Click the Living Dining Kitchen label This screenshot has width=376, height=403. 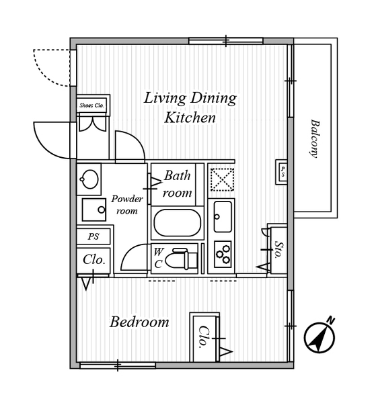(x=190, y=107)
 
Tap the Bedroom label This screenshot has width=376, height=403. (x=139, y=322)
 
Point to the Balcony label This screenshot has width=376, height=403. (x=314, y=138)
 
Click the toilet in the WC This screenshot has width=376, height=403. (x=181, y=259)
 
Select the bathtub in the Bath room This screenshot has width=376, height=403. (x=178, y=222)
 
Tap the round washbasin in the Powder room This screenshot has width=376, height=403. (x=89, y=179)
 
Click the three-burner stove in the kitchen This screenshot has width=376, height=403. (x=223, y=254)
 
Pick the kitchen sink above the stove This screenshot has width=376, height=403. (x=223, y=217)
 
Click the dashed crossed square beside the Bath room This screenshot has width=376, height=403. (x=222, y=179)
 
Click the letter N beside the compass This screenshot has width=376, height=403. (x=331, y=321)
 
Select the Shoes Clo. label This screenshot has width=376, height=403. (x=91, y=105)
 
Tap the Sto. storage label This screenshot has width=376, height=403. (x=278, y=249)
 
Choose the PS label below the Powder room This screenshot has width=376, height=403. (x=93, y=236)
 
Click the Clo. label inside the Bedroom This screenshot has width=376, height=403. (x=203, y=337)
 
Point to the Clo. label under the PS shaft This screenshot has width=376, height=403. (x=94, y=260)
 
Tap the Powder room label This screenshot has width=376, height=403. (x=127, y=205)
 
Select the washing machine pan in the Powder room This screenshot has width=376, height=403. (x=94, y=210)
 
